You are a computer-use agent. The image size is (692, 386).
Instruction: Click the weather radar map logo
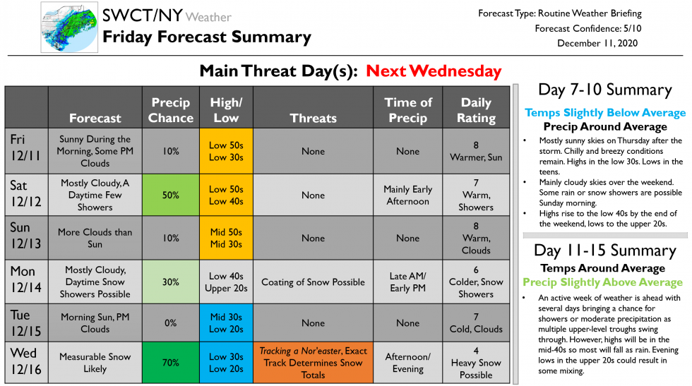pos(68,28)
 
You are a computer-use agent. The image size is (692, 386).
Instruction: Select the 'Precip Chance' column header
pos(171,110)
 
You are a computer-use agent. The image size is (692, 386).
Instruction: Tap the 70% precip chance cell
pos(171,363)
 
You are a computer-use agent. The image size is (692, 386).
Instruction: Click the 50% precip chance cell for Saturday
pos(171,195)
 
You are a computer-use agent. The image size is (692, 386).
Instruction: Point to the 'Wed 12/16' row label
pos(26,363)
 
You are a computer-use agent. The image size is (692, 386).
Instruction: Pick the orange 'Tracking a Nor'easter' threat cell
pos(313,363)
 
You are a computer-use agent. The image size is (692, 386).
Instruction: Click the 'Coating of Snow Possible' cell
pos(313,282)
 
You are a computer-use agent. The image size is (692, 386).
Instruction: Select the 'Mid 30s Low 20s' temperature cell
pos(226,322)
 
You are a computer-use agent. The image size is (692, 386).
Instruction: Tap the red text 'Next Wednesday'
pos(434,71)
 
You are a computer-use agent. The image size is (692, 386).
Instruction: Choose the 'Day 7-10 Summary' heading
pos(604,90)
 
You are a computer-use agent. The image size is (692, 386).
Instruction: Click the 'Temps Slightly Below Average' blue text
pos(604,113)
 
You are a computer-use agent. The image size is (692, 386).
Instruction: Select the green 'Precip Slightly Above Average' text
pos(602,282)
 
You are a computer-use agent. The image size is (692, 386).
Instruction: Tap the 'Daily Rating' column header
pos(475,110)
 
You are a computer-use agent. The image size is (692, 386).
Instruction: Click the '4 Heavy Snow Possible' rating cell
pos(475,363)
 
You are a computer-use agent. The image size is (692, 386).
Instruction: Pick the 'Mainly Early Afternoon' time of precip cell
pos(407,195)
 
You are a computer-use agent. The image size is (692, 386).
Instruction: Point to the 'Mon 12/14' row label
pos(26,282)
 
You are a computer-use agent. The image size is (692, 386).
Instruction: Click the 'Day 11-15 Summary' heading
pos(604,251)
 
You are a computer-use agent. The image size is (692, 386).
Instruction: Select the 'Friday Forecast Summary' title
pos(206,37)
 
